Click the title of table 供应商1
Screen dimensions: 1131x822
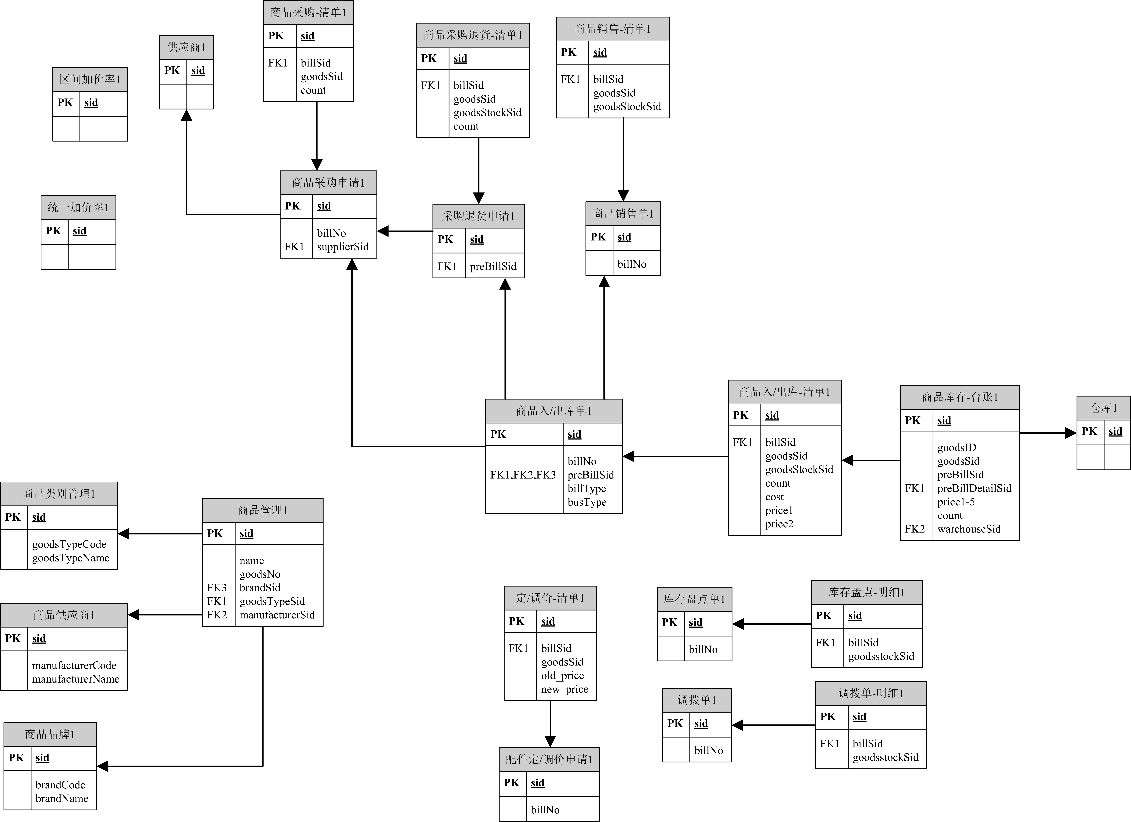(x=186, y=47)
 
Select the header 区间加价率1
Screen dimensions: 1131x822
(x=90, y=79)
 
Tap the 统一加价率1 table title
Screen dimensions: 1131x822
(x=78, y=207)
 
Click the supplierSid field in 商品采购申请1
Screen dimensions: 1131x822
(x=343, y=247)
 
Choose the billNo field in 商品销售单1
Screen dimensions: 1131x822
(x=632, y=264)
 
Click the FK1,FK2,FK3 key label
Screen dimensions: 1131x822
(x=523, y=475)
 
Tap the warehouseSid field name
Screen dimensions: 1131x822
(x=969, y=529)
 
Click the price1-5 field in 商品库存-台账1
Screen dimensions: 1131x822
(x=956, y=502)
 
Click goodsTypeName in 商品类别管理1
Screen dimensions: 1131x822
(x=71, y=558)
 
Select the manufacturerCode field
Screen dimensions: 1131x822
(x=74, y=666)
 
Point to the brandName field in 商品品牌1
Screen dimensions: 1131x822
(x=62, y=798)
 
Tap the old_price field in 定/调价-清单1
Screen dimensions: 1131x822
(x=562, y=675)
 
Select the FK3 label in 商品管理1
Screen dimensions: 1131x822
(x=217, y=588)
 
